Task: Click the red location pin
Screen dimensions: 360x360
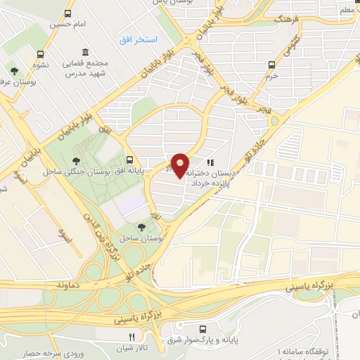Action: click(181, 165)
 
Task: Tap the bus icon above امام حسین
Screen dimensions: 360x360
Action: click(68, 13)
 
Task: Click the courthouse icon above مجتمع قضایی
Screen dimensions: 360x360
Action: click(84, 52)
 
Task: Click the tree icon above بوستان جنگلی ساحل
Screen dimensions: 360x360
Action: click(73, 160)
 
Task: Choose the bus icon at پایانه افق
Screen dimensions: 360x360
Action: click(130, 160)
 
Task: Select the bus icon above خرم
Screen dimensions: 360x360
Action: click(272, 65)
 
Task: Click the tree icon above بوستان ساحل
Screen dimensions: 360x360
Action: click(142, 227)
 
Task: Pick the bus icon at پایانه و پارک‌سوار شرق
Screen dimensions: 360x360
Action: click(202, 328)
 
